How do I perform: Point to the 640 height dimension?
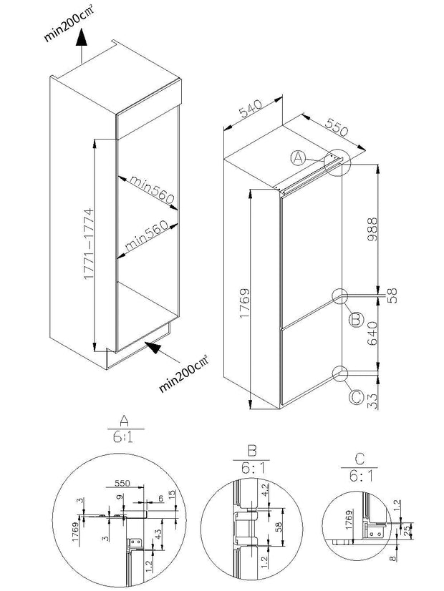point(372,333)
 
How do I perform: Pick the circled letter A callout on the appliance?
point(299,158)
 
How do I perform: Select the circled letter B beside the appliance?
point(355,321)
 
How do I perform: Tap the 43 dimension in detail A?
point(165,534)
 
